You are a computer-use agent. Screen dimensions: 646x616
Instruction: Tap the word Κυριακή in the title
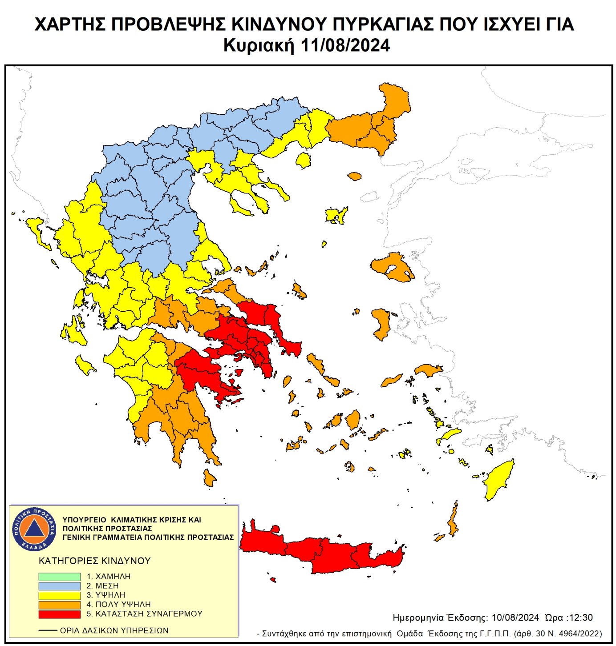(259, 45)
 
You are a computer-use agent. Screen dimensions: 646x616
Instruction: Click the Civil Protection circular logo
(34, 529)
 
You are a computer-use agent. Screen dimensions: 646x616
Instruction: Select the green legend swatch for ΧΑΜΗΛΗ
(59, 576)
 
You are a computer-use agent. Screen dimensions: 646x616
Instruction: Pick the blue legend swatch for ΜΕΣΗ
(59, 586)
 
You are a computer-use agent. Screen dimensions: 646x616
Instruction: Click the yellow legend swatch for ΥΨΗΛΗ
(59, 595)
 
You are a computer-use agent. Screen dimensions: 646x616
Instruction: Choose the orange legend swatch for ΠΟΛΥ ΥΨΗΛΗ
(59, 605)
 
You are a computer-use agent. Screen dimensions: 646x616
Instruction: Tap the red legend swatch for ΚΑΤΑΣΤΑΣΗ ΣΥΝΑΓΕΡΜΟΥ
(59, 614)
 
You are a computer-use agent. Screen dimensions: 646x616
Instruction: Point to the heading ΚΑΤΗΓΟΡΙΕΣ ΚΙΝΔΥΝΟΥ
(94, 561)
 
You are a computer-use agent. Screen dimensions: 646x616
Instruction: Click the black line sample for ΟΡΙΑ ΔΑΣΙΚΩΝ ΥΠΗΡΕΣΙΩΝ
(48, 630)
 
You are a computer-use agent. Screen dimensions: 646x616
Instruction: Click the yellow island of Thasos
(304, 160)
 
